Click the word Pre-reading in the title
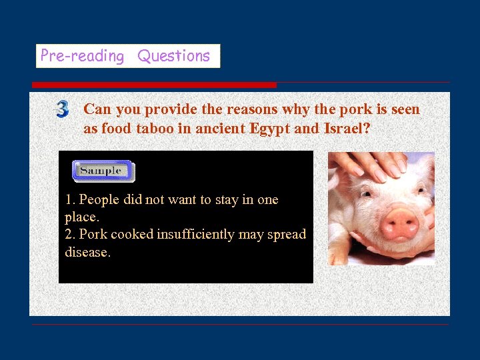click(82, 56)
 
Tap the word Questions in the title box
click(173, 56)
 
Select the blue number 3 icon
click(62, 109)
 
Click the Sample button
click(103, 171)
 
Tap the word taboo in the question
click(154, 129)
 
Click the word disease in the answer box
click(86, 252)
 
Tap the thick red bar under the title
click(154, 85)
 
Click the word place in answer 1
click(80, 217)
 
